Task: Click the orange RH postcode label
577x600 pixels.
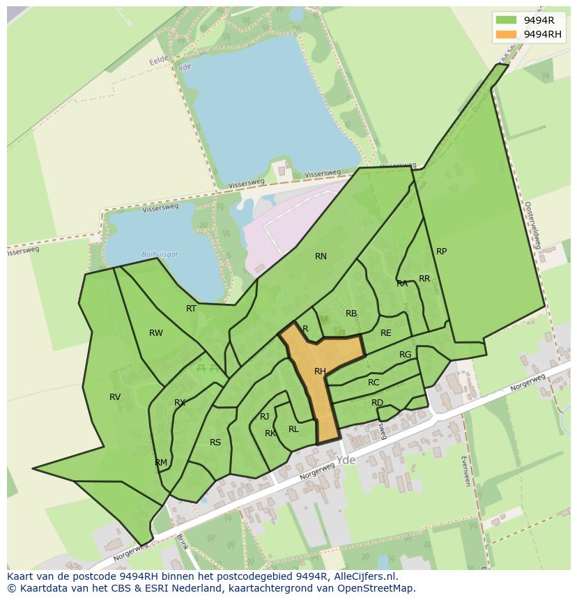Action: pos(320,371)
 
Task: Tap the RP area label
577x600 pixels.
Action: pos(441,252)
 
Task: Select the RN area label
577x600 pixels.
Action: pos(321,256)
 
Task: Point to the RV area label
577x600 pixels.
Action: pos(115,397)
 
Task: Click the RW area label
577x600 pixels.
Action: pos(156,333)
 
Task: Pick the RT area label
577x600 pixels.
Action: pos(191,309)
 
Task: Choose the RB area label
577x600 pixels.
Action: pos(351,314)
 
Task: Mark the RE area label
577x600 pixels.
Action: pos(385,333)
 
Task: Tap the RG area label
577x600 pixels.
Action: pos(405,355)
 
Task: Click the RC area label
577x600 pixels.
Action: pos(374,383)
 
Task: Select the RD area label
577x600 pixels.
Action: pos(377,403)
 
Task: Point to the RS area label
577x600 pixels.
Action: pos(215,443)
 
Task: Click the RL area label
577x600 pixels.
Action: pos(293,429)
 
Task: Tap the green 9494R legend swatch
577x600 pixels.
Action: pos(507,20)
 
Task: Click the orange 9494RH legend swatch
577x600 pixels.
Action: pos(507,34)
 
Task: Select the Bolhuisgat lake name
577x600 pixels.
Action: pos(160,254)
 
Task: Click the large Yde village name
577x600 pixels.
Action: pos(346,461)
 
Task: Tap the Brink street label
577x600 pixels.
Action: pos(183,542)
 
